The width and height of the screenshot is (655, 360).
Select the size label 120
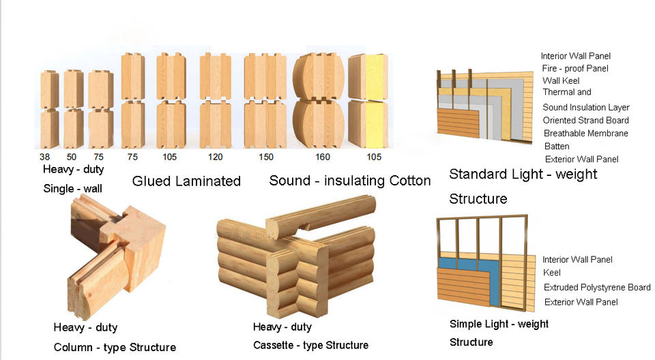[x=215, y=157]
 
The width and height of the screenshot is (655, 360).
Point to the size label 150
[x=265, y=157]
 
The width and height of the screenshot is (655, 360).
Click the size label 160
[x=322, y=157]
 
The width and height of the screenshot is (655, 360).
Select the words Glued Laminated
[x=186, y=181]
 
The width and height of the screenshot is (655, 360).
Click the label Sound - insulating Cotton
[x=350, y=181]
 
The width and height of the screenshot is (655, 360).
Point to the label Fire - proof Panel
[x=575, y=68]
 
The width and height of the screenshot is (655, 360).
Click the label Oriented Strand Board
[x=585, y=121]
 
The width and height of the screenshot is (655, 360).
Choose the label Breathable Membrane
[x=585, y=134]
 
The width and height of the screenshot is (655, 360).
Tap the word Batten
[x=557, y=147]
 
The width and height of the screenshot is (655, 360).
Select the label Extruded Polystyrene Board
[x=597, y=288]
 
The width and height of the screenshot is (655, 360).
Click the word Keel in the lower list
[x=552, y=273]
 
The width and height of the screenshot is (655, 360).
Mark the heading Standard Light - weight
[x=523, y=175]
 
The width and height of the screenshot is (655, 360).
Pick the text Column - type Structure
[x=115, y=348]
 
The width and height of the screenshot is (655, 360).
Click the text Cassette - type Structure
[x=310, y=346]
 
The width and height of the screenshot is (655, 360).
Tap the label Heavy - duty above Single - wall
[x=74, y=170]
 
